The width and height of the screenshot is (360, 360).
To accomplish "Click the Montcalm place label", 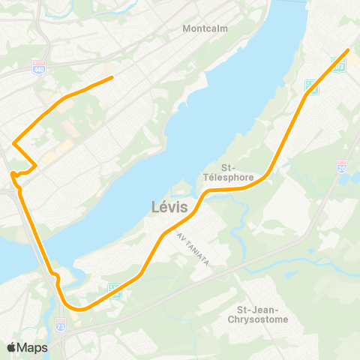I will [205, 30].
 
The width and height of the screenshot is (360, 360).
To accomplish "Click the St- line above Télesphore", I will [229, 167].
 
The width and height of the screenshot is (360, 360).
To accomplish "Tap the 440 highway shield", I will [39, 68].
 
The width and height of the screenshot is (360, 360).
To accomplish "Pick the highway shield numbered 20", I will [342, 166].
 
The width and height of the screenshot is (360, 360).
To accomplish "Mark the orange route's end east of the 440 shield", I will [112, 76].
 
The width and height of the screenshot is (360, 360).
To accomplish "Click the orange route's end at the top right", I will [348, 50].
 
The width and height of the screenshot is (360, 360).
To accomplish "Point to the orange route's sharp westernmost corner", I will [13, 142].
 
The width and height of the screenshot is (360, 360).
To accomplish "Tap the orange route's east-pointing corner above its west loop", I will [35, 165].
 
